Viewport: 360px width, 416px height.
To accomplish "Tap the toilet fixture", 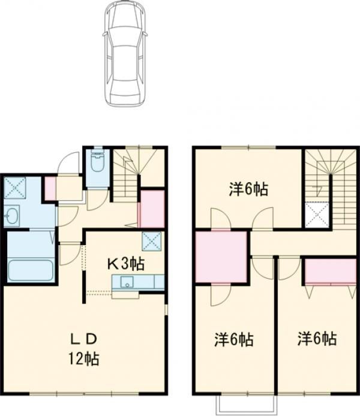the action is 97,161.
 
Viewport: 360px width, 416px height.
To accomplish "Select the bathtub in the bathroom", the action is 31,270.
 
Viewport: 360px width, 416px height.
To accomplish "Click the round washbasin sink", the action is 11,215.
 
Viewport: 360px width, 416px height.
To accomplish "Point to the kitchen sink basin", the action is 127,282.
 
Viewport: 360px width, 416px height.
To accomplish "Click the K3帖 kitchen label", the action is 126,264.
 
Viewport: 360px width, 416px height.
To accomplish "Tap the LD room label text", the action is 83,339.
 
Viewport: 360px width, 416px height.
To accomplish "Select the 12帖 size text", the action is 84,358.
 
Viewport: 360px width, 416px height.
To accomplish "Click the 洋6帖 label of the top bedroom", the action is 248,189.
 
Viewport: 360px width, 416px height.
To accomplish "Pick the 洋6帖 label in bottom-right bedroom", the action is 317,339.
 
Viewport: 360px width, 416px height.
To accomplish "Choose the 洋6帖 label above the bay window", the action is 234,339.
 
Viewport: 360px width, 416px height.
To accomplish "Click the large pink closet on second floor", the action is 221,257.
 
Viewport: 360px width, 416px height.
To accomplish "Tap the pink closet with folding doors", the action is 330,271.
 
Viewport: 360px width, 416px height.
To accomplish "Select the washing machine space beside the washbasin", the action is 15,188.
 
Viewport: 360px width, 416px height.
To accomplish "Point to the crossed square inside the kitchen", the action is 152,241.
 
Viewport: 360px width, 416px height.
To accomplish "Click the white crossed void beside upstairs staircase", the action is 317,215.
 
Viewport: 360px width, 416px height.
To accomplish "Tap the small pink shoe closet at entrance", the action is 50,188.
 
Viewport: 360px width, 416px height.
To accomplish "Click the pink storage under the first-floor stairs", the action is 152,209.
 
